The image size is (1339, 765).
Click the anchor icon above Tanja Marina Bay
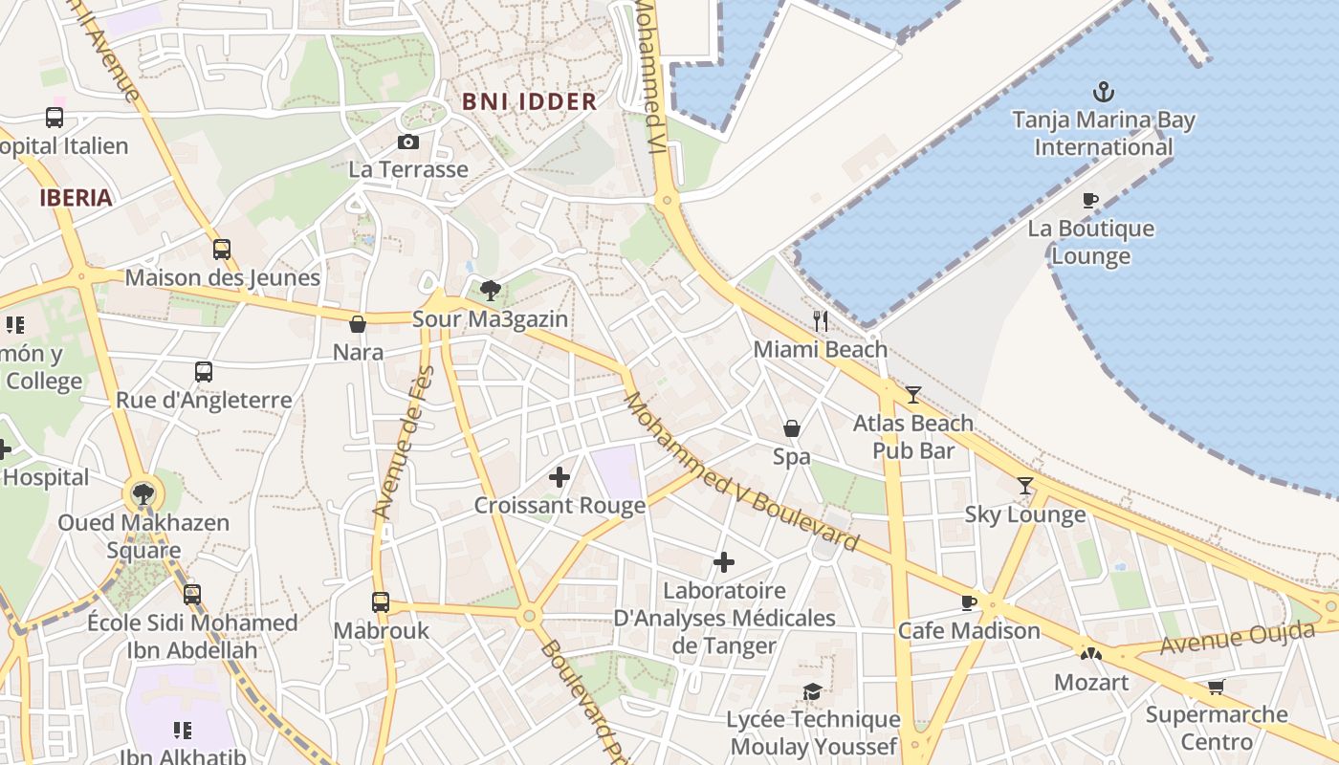pyautogui.click(x=1104, y=93)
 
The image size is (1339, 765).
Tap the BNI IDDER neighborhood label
pyautogui.click(x=529, y=101)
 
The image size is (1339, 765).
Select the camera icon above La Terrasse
pyautogui.click(x=408, y=142)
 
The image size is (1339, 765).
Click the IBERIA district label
pyautogui.click(x=76, y=198)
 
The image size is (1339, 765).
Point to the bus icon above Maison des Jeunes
pyautogui.click(x=222, y=250)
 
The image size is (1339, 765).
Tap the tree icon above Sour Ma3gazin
pyautogui.click(x=491, y=290)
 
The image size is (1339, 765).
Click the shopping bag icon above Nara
pyautogui.click(x=358, y=324)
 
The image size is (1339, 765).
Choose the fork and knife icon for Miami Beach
pyautogui.click(x=820, y=320)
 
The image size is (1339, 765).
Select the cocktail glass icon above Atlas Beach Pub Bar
pyautogui.click(x=913, y=394)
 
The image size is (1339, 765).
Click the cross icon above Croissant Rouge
pyautogui.click(x=560, y=476)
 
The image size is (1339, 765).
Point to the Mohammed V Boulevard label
pyautogui.click(x=741, y=471)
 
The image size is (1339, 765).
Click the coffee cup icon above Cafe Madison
pyautogui.click(x=968, y=602)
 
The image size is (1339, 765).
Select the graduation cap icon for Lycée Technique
pyautogui.click(x=812, y=691)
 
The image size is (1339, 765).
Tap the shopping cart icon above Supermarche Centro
pyautogui.click(x=1217, y=687)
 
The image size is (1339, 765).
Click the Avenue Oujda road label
pyautogui.click(x=1238, y=638)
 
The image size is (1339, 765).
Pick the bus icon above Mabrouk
pyautogui.click(x=381, y=602)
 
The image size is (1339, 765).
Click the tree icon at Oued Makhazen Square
pyautogui.click(x=143, y=494)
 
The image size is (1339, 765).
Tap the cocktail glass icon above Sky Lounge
pyautogui.click(x=1025, y=486)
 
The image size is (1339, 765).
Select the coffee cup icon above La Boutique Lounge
pyautogui.click(x=1090, y=200)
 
